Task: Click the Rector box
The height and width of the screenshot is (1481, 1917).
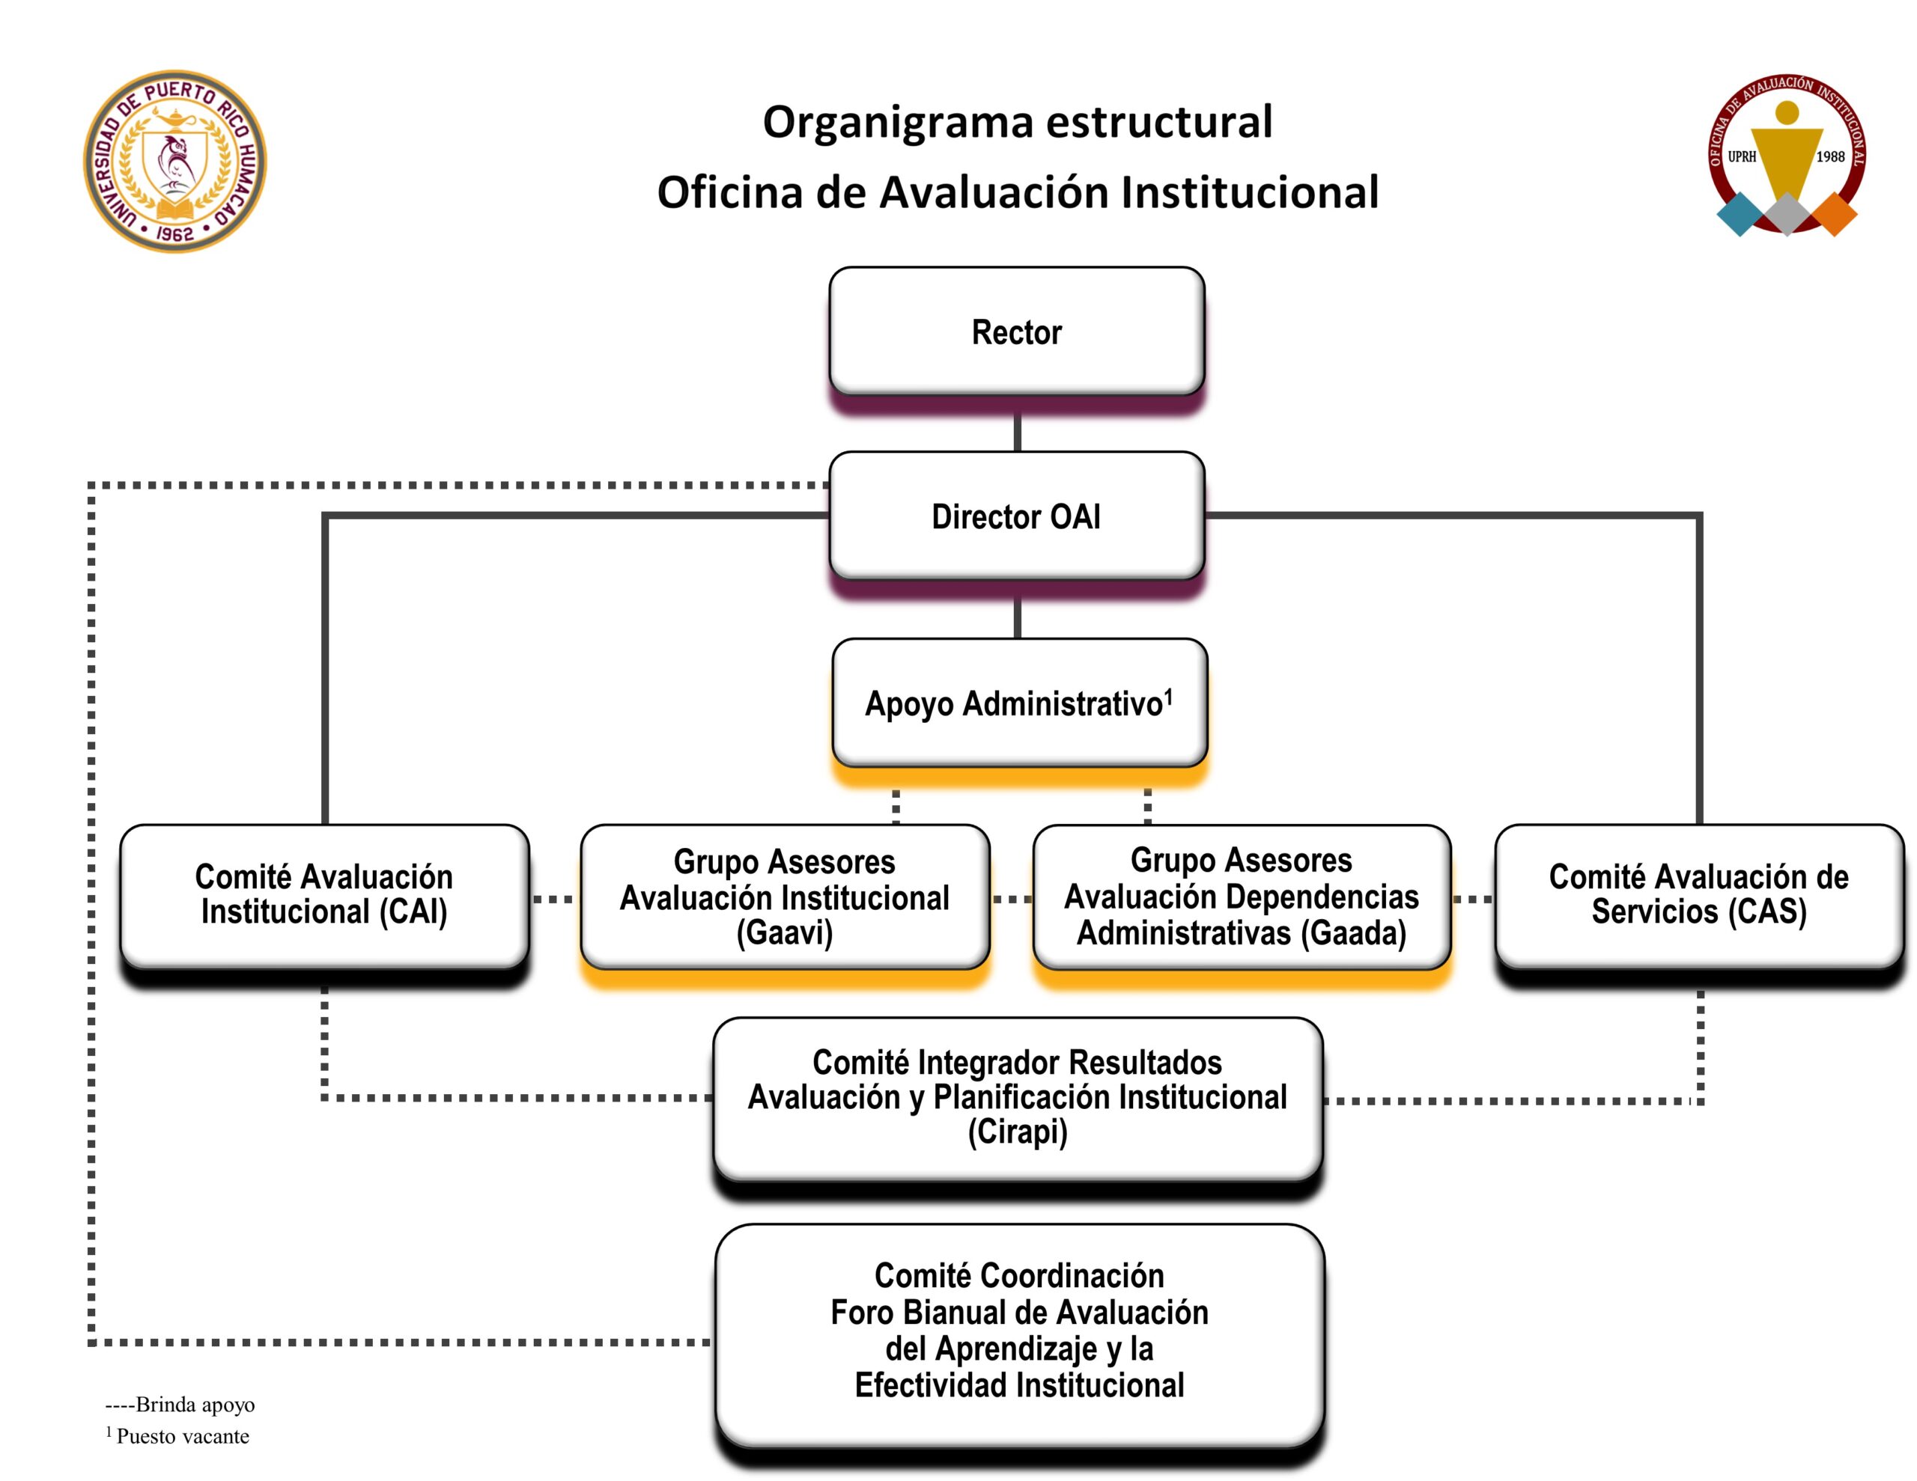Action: point(1016,332)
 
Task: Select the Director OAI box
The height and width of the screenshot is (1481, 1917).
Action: point(1016,516)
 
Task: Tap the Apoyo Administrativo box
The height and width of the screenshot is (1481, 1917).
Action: point(1019,703)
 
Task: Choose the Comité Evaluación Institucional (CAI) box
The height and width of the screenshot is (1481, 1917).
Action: point(324,894)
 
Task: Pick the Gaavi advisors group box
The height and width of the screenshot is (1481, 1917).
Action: point(785,896)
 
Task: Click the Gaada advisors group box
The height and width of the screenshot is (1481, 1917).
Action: point(1241,896)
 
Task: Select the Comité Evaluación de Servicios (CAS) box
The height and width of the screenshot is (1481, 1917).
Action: point(1698,894)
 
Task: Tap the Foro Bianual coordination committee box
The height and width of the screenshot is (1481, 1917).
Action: point(1019,1330)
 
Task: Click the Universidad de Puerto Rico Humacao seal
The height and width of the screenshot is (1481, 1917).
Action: point(175,162)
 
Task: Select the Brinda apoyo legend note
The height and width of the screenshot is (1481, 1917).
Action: point(180,1405)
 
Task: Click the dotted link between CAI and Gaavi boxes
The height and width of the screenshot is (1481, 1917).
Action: point(554,900)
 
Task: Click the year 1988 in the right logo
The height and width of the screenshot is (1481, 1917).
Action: point(1830,157)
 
